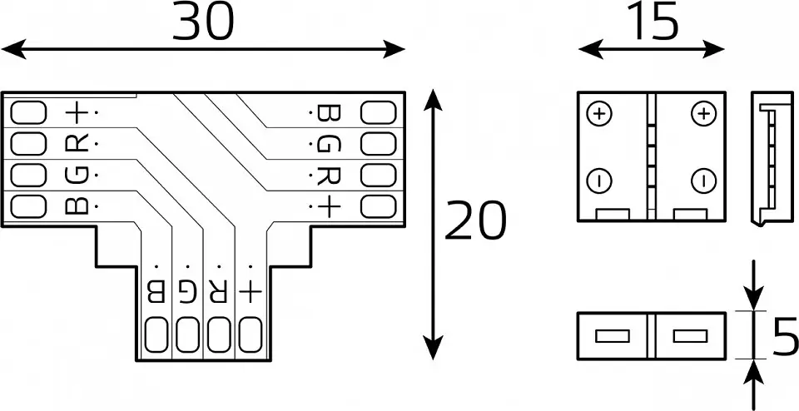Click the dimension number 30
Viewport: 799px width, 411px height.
pos(203,22)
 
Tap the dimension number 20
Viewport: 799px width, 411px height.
pos(476,220)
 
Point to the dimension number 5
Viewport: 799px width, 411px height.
pos(785,336)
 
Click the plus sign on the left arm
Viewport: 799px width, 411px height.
pos(77,112)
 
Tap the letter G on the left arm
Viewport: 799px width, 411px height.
pos(77,176)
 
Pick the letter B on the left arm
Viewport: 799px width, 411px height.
pos(77,205)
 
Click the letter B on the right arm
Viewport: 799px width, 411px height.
pos(329,112)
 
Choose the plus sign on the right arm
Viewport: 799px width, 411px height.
pos(329,207)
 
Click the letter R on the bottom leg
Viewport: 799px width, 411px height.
pos(217,292)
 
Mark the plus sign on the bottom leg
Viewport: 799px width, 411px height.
pos(250,292)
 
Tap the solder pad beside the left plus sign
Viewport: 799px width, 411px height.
pos(28,112)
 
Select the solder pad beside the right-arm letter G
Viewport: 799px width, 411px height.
pos(378,144)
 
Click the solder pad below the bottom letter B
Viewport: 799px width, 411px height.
pos(156,334)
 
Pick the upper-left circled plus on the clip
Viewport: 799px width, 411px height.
pos(599,113)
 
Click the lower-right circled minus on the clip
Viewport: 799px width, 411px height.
pos(704,181)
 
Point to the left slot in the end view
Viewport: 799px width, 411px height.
pos(612,336)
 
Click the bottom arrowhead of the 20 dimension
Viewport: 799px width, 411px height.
pos(433,347)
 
